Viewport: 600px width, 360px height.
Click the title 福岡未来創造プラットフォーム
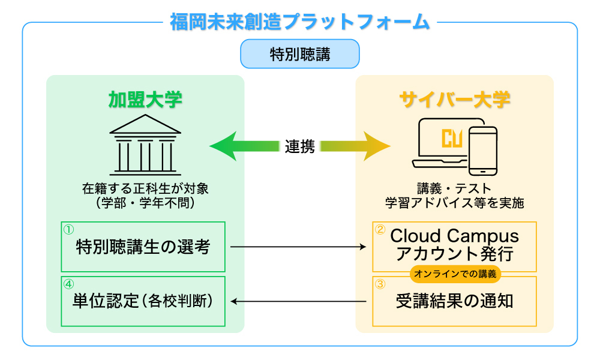pyautogui.click(x=300, y=22)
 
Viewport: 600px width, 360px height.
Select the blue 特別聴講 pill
pyautogui.click(x=300, y=54)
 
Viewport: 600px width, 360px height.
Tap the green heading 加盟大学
pyautogui.click(x=145, y=100)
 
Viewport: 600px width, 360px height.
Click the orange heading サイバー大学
pyautogui.click(x=455, y=100)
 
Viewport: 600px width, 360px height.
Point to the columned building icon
pyautogui.click(x=145, y=145)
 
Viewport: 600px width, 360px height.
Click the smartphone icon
pyautogui.click(x=483, y=151)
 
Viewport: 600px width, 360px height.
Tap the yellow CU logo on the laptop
pyautogui.click(x=452, y=138)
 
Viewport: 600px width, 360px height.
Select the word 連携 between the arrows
pyautogui.click(x=300, y=146)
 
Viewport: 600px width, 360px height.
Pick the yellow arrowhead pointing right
pyautogui.click(x=377, y=146)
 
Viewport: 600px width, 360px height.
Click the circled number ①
pyautogui.click(x=68, y=230)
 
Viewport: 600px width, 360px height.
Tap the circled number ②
pyautogui.click(x=380, y=230)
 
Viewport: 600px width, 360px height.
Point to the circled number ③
pyautogui.click(x=380, y=284)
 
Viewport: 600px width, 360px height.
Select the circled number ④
pyautogui.click(x=68, y=284)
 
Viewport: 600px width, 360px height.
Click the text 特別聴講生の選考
pyautogui.click(x=143, y=247)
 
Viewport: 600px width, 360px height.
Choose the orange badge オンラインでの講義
pyautogui.click(x=455, y=274)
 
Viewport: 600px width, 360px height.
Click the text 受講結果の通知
pyautogui.click(x=455, y=301)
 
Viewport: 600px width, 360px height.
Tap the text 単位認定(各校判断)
pyautogui.click(x=143, y=301)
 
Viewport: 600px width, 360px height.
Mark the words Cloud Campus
pyautogui.click(x=455, y=236)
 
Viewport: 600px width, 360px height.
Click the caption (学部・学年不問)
pyautogui.click(x=145, y=203)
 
